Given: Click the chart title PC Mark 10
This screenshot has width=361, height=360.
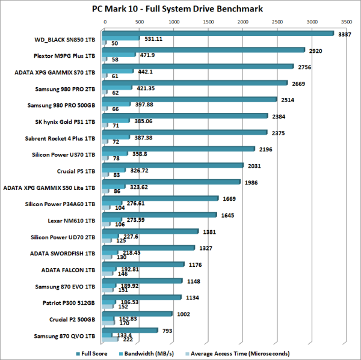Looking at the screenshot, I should click(x=180, y=8).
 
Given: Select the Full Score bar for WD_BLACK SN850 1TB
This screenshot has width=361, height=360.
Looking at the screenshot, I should click(x=219, y=34).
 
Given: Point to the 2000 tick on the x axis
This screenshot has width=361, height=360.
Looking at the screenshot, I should click(x=242, y=21).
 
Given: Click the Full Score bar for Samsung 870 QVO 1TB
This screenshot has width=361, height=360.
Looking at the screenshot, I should click(x=132, y=329).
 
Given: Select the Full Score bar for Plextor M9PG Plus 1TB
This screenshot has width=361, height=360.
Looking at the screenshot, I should click(x=205, y=50).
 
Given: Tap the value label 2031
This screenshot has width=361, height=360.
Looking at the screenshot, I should click(x=253, y=166).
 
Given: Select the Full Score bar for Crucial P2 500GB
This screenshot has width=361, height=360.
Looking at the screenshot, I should click(x=139, y=313).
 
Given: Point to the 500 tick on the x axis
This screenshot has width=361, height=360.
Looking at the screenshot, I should click(x=139, y=21).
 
